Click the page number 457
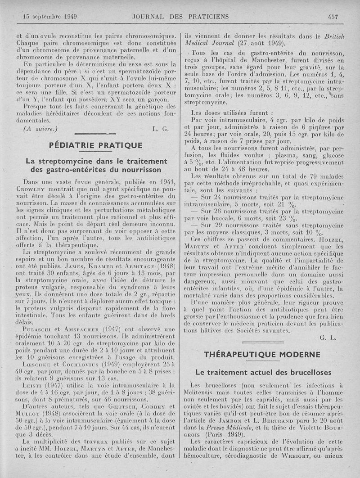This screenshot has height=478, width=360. (x=333, y=17)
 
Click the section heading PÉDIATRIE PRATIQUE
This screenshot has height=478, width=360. (x=95, y=145)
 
